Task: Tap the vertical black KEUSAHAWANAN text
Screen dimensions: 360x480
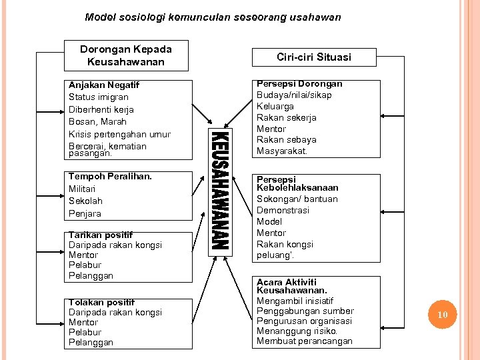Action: (221, 190)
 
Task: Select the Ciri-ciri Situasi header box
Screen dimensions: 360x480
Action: (313, 57)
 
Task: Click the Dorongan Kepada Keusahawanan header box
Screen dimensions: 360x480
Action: (126, 55)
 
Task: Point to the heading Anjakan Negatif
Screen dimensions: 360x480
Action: (104, 85)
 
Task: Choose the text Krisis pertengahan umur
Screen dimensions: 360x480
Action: (119, 134)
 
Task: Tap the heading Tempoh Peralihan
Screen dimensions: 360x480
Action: (110, 177)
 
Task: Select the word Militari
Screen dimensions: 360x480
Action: (83, 189)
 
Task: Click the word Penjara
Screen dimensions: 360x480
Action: (85, 213)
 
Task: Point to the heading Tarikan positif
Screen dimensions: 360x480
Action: (101, 235)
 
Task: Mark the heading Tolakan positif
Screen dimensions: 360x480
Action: (101, 302)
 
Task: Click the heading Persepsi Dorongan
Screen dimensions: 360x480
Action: (299, 84)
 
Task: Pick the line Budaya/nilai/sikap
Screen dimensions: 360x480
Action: (294, 95)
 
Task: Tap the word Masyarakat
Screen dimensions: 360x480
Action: (282, 151)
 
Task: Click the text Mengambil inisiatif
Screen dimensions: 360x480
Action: (295, 300)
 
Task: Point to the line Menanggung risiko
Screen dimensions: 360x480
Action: (297, 331)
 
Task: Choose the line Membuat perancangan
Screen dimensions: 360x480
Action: (305, 341)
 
